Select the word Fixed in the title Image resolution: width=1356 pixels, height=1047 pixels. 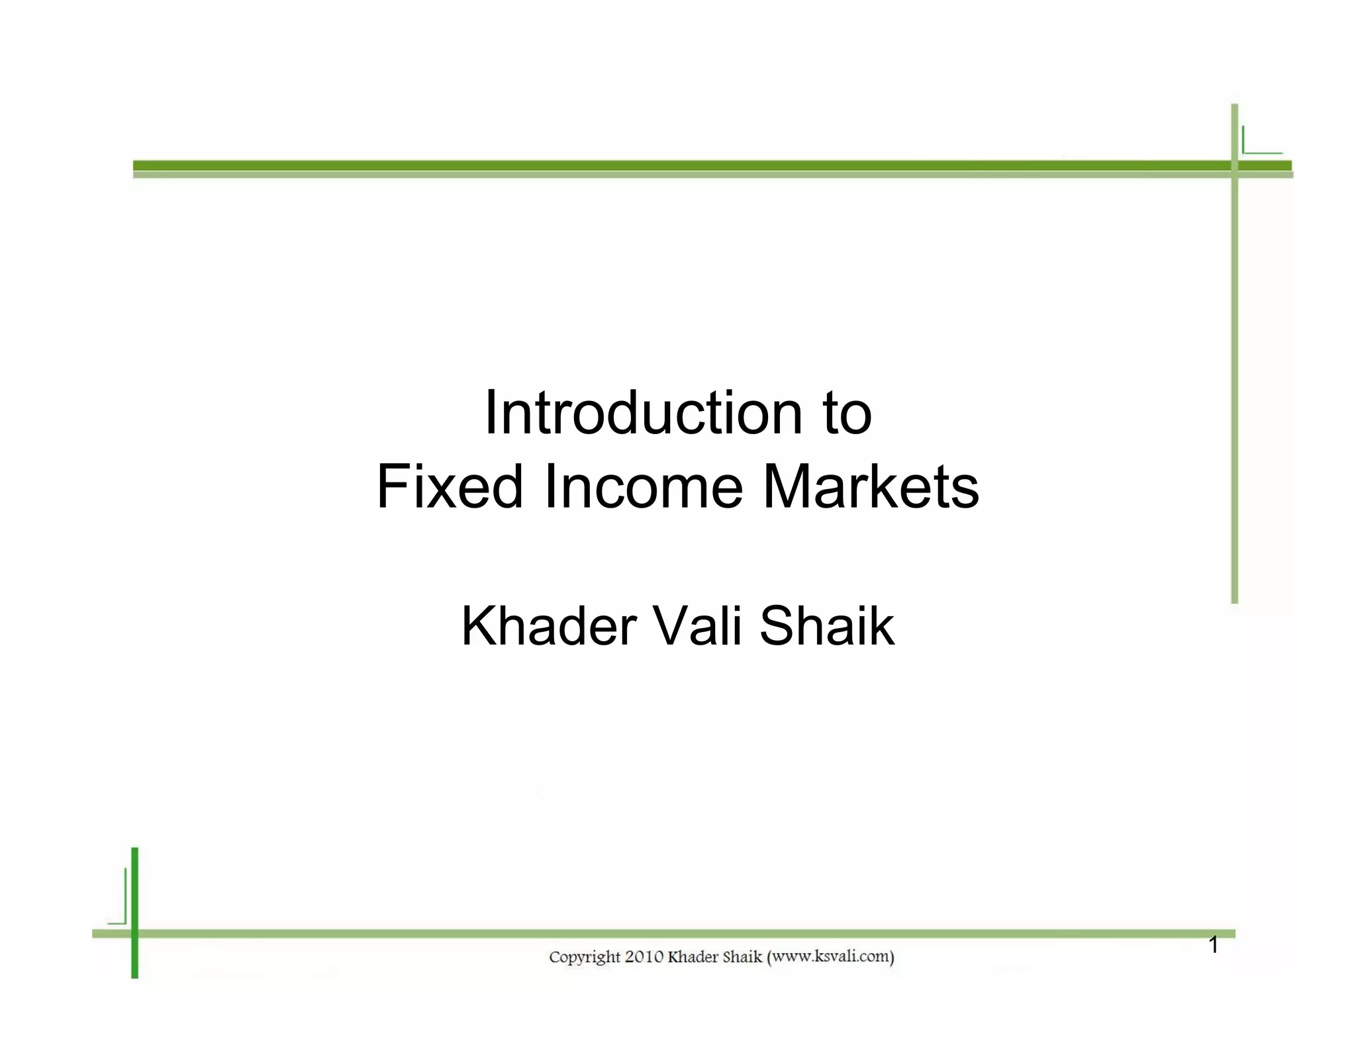(450, 487)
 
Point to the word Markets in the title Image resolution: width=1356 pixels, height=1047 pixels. (871, 487)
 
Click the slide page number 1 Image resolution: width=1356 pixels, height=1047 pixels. (1213, 945)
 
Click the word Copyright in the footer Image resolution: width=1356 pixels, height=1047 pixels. (585, 958)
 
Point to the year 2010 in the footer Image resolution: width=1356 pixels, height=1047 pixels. (644, 957)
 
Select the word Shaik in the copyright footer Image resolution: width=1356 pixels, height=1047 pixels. (742, 957)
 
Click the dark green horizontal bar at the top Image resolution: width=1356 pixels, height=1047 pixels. (662, 165)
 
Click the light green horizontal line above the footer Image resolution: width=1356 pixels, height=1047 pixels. (662, 933)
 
